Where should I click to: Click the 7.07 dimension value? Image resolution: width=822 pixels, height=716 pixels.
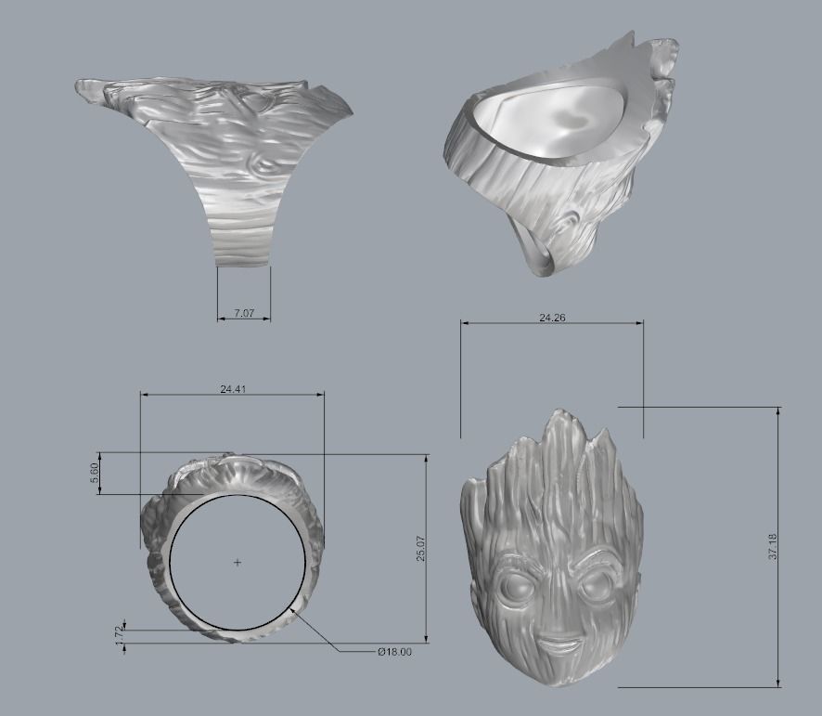tap(243, 314)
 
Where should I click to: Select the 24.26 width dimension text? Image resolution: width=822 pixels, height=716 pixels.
tap(552, 317)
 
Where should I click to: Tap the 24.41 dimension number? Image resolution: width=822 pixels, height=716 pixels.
tap(232, 389)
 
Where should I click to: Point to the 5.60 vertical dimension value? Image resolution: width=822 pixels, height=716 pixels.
tap(94, 473)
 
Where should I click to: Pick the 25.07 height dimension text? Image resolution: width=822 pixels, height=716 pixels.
tap(420, 548)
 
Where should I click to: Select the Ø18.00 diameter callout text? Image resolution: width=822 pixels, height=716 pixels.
tap(394, 652)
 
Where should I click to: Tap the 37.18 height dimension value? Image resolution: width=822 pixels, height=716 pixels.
tap(772, 547)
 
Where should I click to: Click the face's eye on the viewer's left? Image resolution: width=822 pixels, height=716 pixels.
tap(515, 587)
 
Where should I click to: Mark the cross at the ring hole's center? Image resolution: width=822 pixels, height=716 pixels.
tap(238, 563)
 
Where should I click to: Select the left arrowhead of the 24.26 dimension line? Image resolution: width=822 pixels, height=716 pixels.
tap(464, 323)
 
